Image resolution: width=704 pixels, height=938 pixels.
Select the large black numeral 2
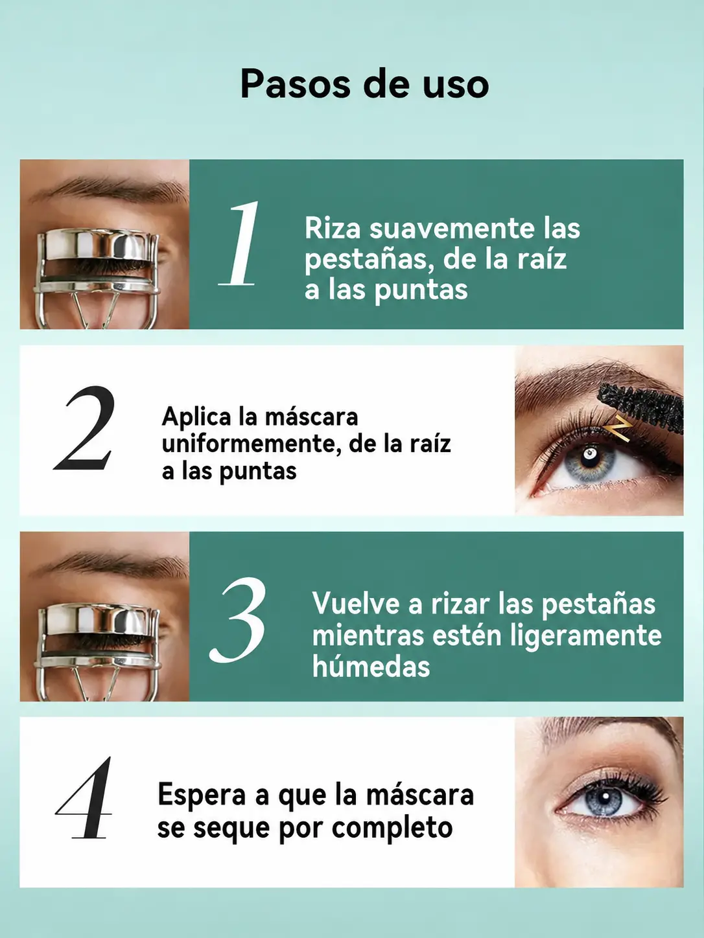[85, 428]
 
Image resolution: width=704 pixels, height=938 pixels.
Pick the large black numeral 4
[84, 798]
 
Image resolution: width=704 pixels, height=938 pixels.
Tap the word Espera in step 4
[202, 795]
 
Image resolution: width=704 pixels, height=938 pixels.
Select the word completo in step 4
[392, 829]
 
